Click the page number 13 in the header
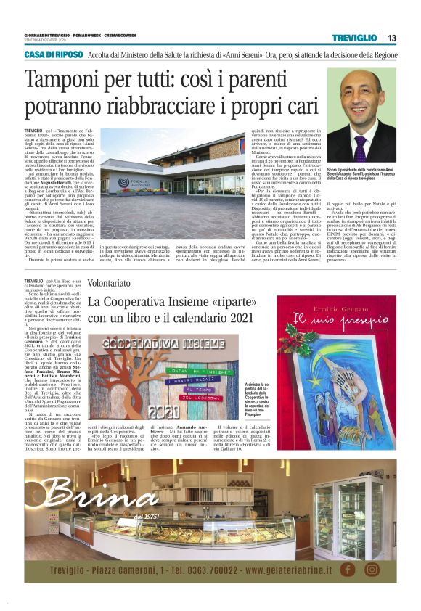tap(392, 38)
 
